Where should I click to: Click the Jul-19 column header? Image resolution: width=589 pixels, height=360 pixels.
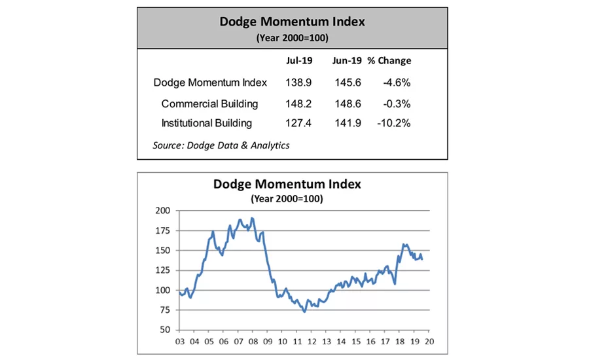pyautogui.click(x=299, y=61)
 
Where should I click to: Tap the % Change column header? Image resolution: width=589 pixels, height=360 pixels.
pyautogui.click(x=389, y=61)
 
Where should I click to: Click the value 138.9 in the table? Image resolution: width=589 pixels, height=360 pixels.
pyautogui.click(x=299, y=82)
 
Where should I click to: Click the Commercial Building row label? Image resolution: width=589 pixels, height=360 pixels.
pyautogui.click(x=209, y=103)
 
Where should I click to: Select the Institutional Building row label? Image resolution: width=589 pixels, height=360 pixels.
pyautogui.click(x=206, y=123)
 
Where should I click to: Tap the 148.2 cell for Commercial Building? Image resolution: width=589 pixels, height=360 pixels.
pyautogui.click(x=299, y=103)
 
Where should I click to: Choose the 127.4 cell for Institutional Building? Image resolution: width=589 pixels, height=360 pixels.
pyautogui.click(x=299, y=123)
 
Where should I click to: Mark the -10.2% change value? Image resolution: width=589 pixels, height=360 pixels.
pyautogui.click(x=394, y=123)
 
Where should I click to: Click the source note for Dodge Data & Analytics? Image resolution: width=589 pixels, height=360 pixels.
pyautogui.click(x=221, y=145)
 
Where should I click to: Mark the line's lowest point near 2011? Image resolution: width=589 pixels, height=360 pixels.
pyautogui.click(x=304, y=312)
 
